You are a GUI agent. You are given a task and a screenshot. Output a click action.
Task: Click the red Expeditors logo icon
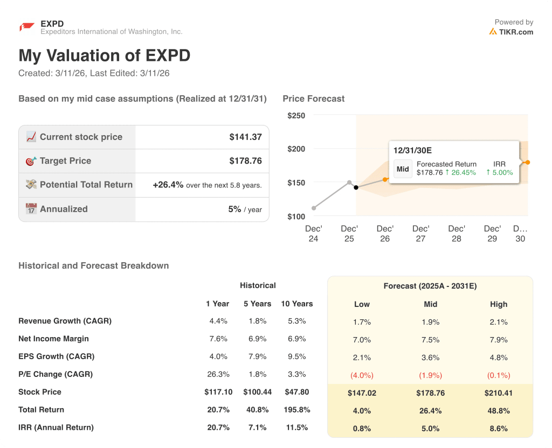coord(26,27)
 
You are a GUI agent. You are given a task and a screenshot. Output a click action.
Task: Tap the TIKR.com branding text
coord(515,32)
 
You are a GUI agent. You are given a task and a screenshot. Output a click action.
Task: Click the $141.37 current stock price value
coord(245,137)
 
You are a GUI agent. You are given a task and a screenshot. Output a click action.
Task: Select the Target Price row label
coord(65,160)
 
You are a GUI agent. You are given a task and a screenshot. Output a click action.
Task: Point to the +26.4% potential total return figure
coord(168,185)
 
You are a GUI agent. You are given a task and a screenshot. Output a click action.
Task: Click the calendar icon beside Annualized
coord(31,209)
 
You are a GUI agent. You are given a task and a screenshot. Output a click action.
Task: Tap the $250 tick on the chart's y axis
coord(296,115)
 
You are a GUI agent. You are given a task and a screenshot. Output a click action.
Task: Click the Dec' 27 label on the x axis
coord(420,233)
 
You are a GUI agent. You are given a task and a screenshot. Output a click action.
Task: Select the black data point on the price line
coord(356,187)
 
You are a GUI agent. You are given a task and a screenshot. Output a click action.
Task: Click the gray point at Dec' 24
coord(314,208)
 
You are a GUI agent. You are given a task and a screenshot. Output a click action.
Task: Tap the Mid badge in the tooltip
coord(403,169)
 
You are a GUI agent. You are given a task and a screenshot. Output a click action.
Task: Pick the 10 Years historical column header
coord(296,304)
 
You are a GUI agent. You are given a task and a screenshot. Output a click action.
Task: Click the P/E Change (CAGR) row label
coord(56,374)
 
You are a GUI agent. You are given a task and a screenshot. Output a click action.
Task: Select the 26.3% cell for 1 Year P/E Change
coord(218,374)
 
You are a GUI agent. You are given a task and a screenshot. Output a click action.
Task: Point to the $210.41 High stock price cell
coord(499,393)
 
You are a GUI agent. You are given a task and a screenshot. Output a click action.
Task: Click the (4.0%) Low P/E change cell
coord(362,375)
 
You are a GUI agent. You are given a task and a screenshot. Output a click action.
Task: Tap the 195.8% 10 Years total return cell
coord(296,409)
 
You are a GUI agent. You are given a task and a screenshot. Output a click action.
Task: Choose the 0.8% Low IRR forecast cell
coord(362,429)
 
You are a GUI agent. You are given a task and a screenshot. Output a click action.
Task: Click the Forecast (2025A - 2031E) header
coord(430,286)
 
